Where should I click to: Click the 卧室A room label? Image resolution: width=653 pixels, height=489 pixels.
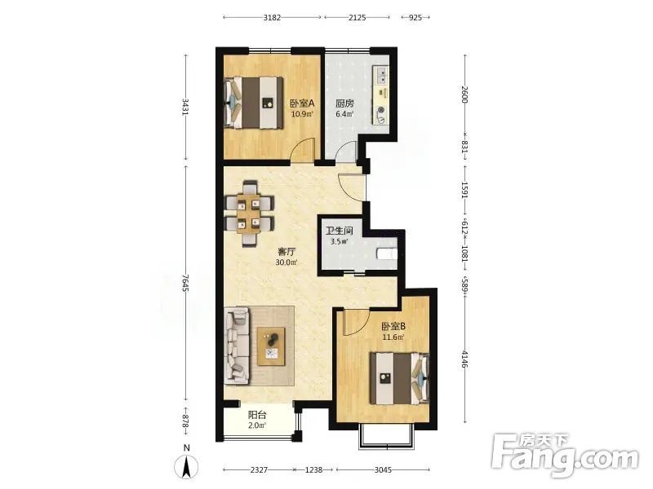302,103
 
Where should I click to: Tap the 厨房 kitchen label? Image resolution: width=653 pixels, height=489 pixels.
344,103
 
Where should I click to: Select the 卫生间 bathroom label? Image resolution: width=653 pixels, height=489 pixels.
339,231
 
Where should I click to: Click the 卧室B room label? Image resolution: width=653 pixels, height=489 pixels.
393,327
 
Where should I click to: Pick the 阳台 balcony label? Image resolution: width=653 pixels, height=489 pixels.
257,415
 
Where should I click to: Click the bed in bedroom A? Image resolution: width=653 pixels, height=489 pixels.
254,103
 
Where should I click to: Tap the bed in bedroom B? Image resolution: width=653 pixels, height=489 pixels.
399,378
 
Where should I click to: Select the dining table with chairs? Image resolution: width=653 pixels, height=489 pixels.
250,214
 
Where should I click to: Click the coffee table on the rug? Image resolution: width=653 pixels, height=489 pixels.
271,346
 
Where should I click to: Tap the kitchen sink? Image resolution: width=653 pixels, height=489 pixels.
382,77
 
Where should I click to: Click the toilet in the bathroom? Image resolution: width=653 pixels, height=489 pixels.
387,253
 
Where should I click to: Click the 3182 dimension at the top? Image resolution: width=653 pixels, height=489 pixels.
272,17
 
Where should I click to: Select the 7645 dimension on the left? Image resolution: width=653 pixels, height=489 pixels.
186,283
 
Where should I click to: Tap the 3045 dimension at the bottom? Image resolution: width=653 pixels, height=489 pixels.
383,470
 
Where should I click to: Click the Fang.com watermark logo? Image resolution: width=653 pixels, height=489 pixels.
564,456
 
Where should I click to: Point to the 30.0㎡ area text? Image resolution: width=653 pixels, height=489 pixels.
287,262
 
